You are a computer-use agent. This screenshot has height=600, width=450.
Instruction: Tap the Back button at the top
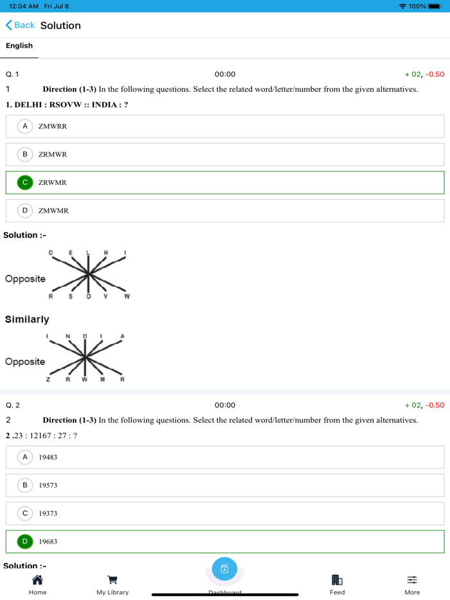[20, 25]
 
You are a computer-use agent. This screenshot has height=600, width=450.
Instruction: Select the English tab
[19, 46]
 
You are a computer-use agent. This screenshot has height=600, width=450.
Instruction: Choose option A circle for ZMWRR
[25, 126]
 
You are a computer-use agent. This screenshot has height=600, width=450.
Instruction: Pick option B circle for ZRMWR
[25, 154]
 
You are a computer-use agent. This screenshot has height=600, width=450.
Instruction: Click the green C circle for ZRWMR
[25, 182]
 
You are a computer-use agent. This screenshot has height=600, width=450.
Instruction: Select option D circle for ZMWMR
[25, 210]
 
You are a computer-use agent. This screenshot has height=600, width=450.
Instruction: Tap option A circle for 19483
[25, 457]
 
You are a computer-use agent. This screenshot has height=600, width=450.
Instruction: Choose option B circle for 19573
[25, 485]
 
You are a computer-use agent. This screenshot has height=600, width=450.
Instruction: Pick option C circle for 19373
[25, 513]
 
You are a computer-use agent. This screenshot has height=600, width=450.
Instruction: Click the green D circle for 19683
[25, 542]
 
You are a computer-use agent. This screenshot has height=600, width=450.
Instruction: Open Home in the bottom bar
[37, 580]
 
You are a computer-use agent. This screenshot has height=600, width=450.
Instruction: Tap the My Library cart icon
[113, 580]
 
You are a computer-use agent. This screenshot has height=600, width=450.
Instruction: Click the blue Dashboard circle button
[224, 569]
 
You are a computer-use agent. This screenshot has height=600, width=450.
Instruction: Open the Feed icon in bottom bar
[337, 580]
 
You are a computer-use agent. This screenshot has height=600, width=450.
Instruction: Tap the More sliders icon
[412, 580]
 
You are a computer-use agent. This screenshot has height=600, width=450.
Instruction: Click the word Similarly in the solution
[27, 319]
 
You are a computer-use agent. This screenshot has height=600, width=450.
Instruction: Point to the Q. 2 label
[13, 405]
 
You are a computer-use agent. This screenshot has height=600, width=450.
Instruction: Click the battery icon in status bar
[435, 6]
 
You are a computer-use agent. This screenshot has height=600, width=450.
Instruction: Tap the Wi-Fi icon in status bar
[402, 6]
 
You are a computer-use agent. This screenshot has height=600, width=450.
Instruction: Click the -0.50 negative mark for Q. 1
[435, 75]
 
